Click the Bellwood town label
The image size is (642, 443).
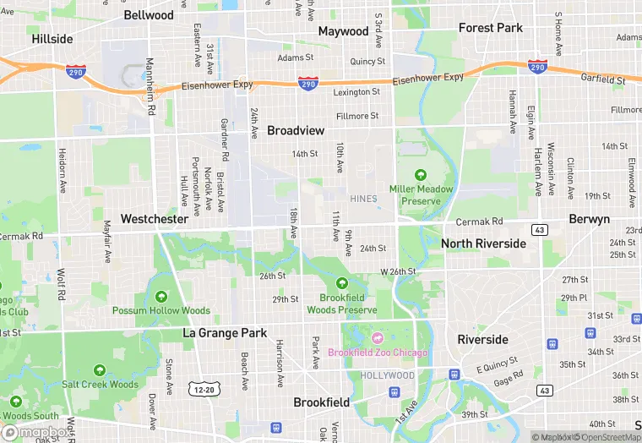(148, 15)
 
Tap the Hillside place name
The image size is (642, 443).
(52, 39)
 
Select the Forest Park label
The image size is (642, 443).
(490, 28)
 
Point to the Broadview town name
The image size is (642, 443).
(296, 130)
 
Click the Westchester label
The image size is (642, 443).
(154, 218)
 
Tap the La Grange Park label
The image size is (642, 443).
(225, 333)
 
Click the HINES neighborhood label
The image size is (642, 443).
(363, 199)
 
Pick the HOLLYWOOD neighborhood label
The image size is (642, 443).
(388, 375)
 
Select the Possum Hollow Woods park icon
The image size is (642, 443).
(160, 297)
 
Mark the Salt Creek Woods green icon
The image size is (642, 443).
(100, 370)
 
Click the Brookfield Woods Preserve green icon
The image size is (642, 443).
(342, 283)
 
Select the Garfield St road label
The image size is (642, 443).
(603, 79)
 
